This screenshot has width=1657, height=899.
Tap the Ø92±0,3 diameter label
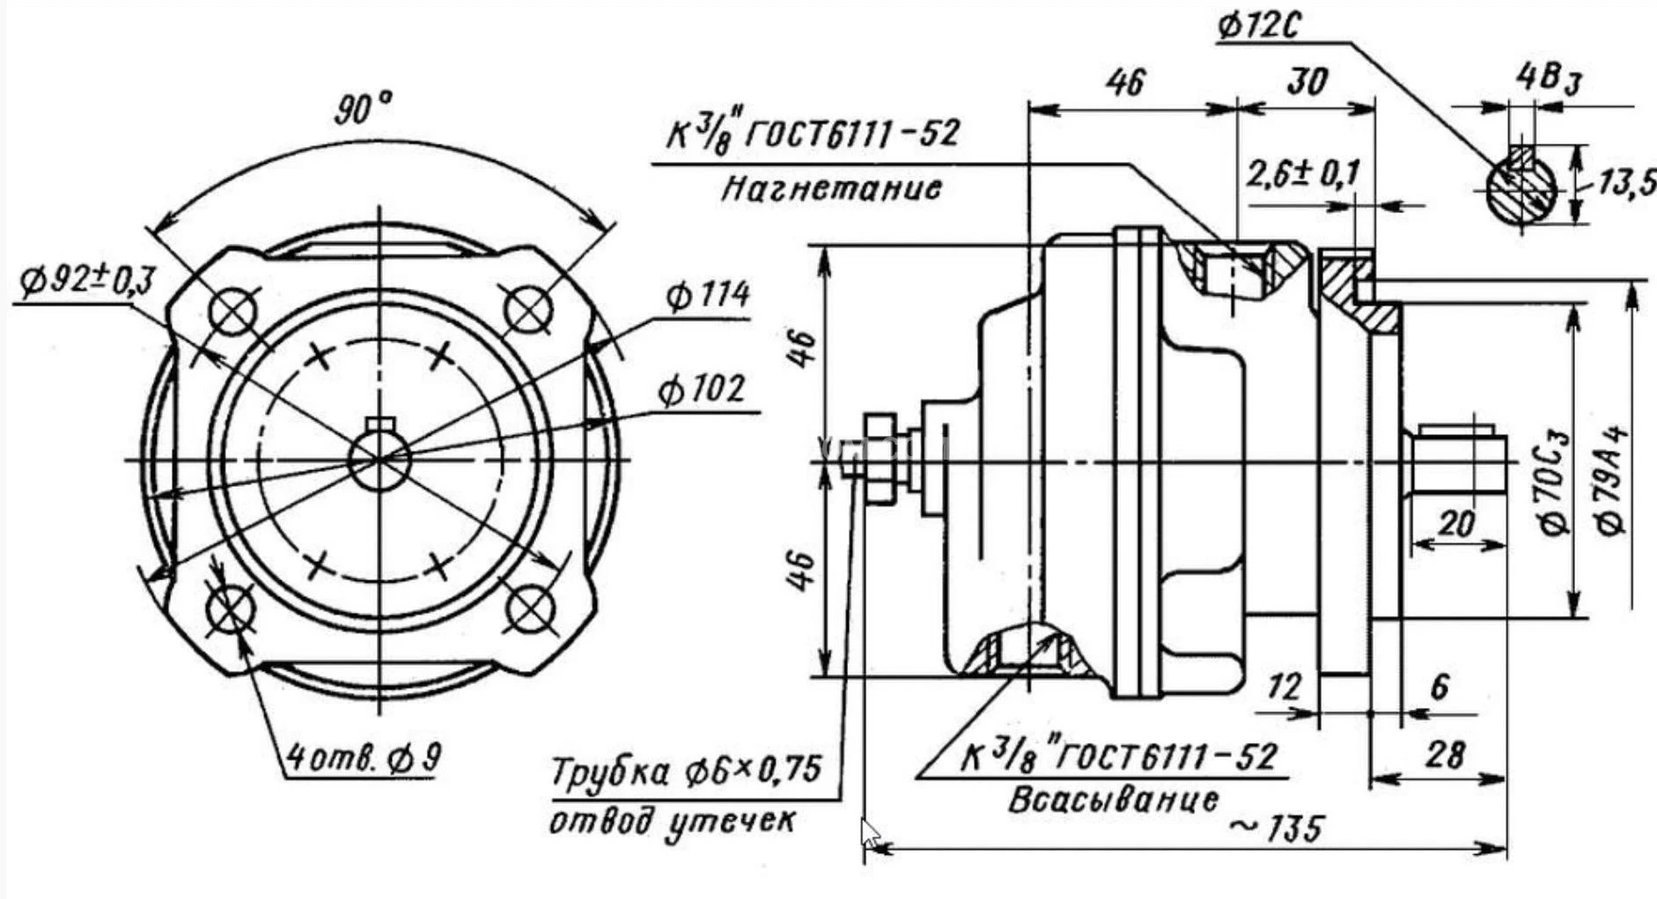coord(86,282)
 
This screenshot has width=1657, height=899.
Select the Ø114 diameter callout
coord(706,295)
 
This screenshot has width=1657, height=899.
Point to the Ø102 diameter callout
coord(701,389)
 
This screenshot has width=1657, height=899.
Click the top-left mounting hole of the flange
coord(234,312)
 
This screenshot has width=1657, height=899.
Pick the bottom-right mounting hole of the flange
coord(531,608)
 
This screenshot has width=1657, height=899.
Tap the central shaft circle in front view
coord(379,460)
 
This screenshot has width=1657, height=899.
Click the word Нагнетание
coord(830,188)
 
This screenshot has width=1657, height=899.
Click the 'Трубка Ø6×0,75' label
coord(685,772)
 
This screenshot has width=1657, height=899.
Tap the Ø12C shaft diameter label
coord(1259,26)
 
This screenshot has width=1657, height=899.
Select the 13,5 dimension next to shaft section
coord(1625,183)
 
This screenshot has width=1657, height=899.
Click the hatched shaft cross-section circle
coord(1521,190)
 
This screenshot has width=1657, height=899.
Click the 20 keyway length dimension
coord(1455,525)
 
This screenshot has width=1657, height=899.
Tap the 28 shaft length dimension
coord(1445,755)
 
